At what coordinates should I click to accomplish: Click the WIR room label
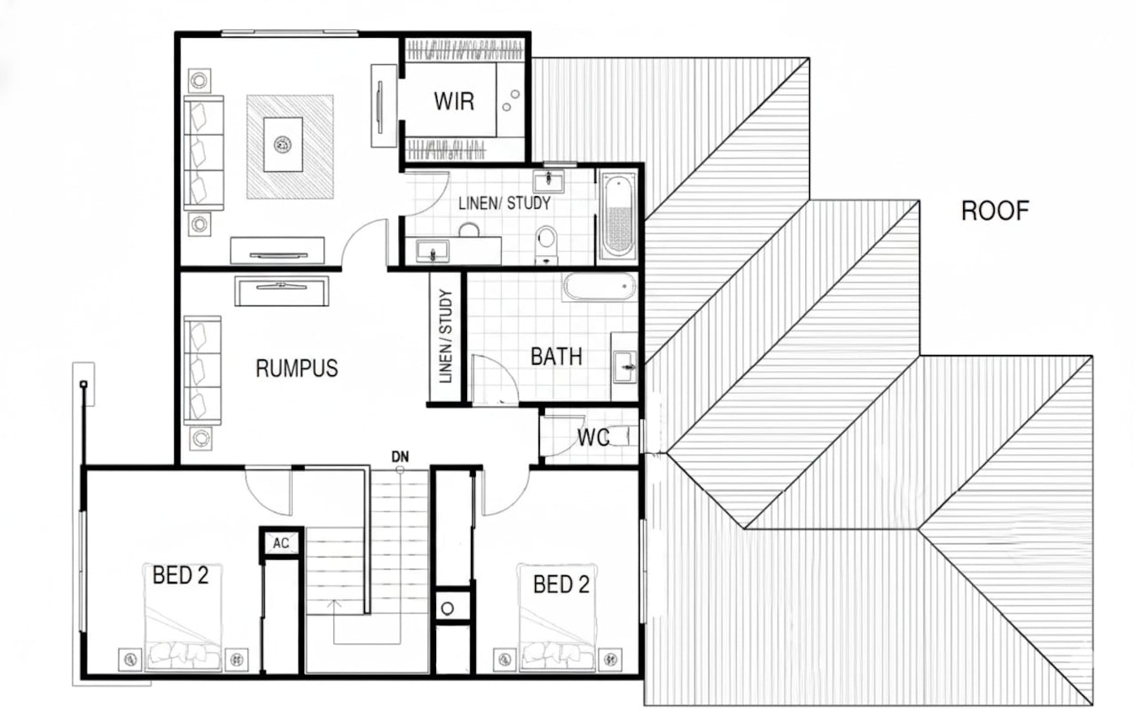point(453,101)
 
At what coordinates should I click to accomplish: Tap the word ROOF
point(995,211)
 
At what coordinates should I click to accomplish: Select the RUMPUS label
point(297,368)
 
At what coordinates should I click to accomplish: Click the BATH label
point(556,356)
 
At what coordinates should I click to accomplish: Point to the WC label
point(593,438)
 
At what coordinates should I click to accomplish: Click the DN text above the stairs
point(400,457)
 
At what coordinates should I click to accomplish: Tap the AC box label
point(281,543)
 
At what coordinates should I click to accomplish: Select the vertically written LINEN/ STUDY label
point(445,336)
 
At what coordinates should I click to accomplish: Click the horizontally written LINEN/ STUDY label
point(504,203)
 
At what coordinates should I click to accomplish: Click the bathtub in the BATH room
point(599,287)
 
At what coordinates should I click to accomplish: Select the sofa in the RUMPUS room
point(203,369)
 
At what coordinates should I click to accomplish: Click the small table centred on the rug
point(283,145)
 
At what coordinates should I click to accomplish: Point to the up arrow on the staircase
point(334,603)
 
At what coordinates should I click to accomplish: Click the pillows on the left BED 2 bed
point(183,652)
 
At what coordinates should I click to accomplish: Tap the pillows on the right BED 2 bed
point(559,652)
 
